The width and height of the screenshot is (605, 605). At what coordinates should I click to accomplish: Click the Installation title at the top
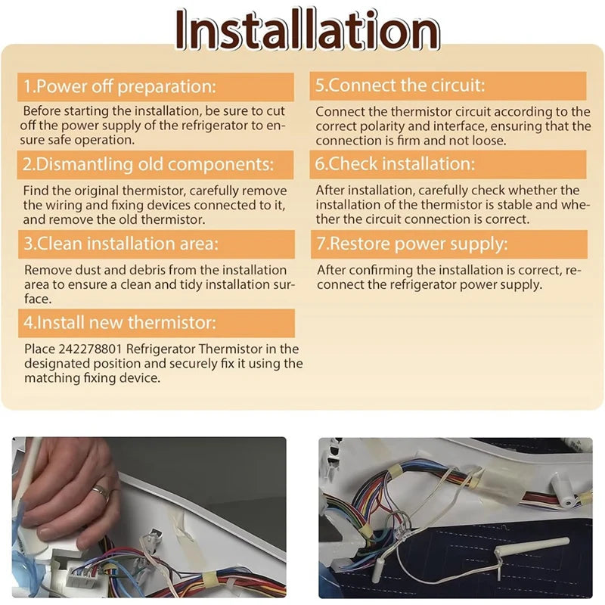coord(308,30)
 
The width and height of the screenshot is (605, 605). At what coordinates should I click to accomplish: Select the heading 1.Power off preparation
coord(119,86)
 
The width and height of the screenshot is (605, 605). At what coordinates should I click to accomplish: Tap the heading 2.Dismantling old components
coord(148,164)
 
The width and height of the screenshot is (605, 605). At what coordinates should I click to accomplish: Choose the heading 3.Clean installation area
coord(121,244)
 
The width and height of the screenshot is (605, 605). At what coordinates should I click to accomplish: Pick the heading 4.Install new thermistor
coord(119,323)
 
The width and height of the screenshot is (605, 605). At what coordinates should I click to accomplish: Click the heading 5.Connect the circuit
coord(400,85)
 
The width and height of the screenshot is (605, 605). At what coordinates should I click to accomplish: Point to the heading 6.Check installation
coord(395,163)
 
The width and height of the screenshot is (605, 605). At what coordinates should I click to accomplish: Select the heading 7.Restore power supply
coord(412,244)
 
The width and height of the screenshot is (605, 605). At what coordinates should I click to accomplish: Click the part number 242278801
coord(90,349)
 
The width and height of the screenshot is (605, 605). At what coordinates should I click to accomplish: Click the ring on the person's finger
coord(101,492)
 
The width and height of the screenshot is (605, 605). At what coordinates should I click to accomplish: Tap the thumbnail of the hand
coord(149,517)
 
